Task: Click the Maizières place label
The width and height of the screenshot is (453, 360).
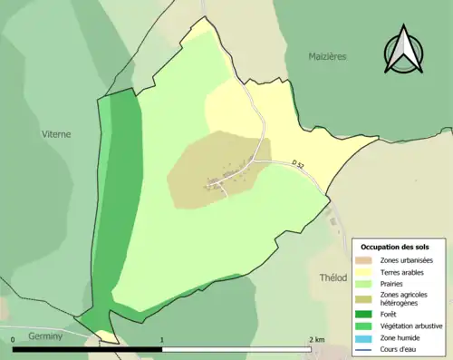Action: [327, 55]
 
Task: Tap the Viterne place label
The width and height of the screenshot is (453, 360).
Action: [56, 133]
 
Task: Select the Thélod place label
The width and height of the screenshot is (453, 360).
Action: [333, 277]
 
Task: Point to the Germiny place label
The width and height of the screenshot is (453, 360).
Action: [44, 335]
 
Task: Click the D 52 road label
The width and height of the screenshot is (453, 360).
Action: [299, 163]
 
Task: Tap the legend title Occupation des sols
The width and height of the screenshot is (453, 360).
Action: [395, 247]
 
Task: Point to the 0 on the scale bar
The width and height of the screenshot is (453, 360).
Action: [14, 339]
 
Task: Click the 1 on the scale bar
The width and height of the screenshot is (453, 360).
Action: [162, 339]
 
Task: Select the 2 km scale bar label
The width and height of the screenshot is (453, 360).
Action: [315, 339]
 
